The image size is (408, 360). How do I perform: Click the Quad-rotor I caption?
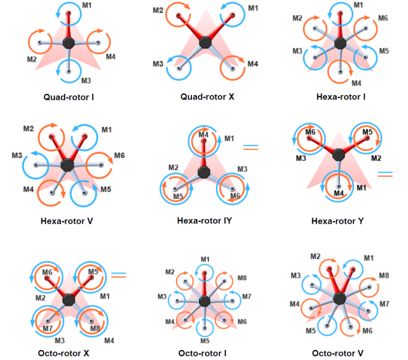tap(68, 96)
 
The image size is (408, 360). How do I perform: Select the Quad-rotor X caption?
tap(206, 96)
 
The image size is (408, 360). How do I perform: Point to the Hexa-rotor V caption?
tap(68, 222)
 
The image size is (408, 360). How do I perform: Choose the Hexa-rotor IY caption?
tap(204, 222)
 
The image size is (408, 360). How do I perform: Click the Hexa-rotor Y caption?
tap(337, 222)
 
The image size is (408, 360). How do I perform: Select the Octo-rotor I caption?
tap(204, 353)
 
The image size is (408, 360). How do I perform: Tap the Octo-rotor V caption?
tap(339, 353)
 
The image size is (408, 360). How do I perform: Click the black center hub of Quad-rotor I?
tap(68, 42)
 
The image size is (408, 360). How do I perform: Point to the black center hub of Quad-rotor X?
tap(205, 42)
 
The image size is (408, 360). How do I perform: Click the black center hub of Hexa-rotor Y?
tap(338, 155)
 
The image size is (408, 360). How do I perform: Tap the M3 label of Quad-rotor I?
tap(86, 80)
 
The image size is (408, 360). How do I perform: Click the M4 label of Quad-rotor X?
tap(253, 64)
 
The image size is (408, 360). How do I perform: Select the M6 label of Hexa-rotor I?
tap(383, 18)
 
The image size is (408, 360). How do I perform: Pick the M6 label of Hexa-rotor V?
tap(119, 155)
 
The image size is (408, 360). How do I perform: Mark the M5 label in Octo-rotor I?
tap(205, 341)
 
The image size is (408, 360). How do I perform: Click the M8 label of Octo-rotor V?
tap(384, 275)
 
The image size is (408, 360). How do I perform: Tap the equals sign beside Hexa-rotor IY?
tap(252, 146)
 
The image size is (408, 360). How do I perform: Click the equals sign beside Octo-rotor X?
tap(119, 275)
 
